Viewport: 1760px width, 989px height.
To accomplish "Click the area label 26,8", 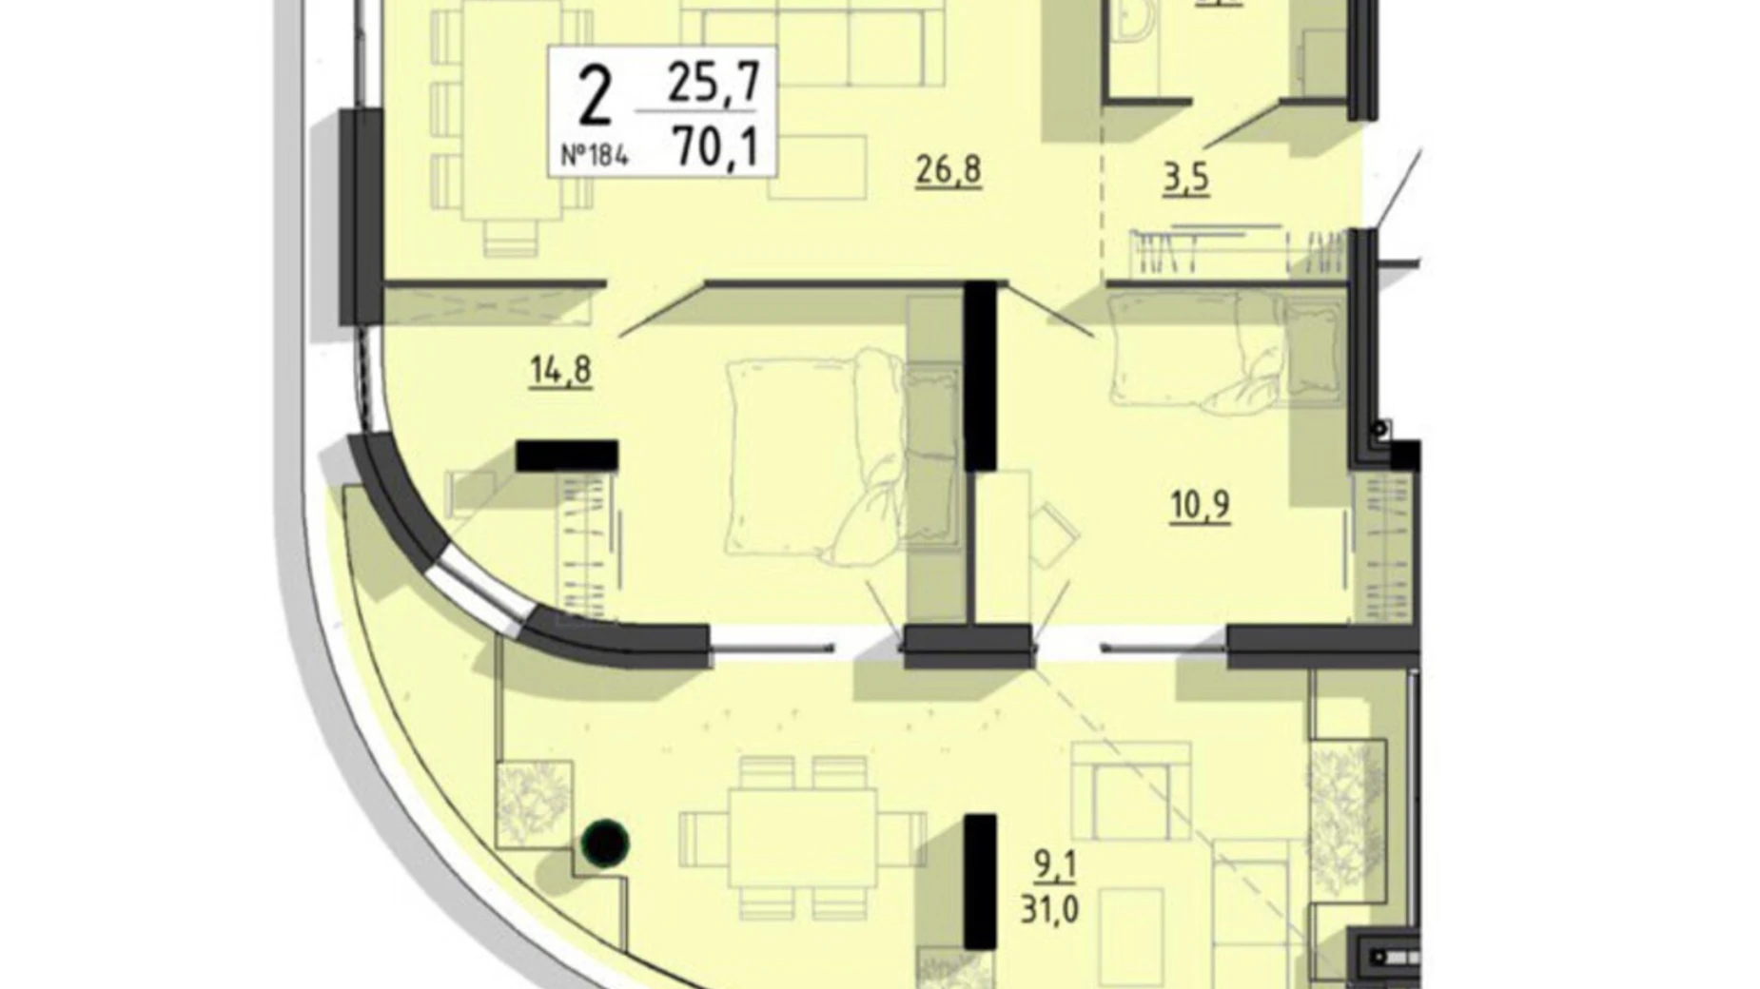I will [x=948, y=171].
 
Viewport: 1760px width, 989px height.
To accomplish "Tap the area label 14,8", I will [x=560, y=369].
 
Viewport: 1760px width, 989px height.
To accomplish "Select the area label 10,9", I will [x=1200, y=505].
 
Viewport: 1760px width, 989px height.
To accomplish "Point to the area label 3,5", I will [x=1186, y=178].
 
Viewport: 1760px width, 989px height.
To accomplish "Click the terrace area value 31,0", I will [x=1049, y=909].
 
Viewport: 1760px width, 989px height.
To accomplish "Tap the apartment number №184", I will [x=594, y=155].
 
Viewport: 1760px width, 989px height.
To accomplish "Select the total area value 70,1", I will [x=714, y=147].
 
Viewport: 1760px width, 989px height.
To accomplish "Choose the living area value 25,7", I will [x=714, y=82].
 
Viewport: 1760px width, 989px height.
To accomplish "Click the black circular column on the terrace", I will [x=605, y=842].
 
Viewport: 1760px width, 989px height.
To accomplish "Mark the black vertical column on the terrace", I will [x=980, y=881].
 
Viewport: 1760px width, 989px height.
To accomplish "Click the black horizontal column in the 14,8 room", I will [x=567, y=456].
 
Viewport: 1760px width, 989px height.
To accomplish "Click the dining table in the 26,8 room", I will [x=509, y=109].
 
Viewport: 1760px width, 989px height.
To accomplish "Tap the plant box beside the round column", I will [x=533, y=804].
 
